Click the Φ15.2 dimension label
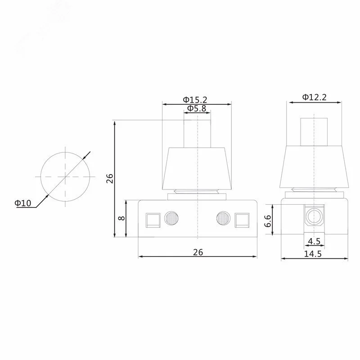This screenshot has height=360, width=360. click(195, 99)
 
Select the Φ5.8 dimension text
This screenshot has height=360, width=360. click(197, 108)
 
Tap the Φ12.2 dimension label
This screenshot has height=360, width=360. click(314, 97)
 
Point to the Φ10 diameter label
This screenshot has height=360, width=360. click(23, 203)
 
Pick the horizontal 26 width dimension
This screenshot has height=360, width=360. click(198, 252)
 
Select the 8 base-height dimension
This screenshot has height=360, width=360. click(121, 218)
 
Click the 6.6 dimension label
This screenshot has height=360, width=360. click(268, 221)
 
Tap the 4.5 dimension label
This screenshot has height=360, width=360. click(314, 241)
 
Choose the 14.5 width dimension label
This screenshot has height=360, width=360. click(313, 254)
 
